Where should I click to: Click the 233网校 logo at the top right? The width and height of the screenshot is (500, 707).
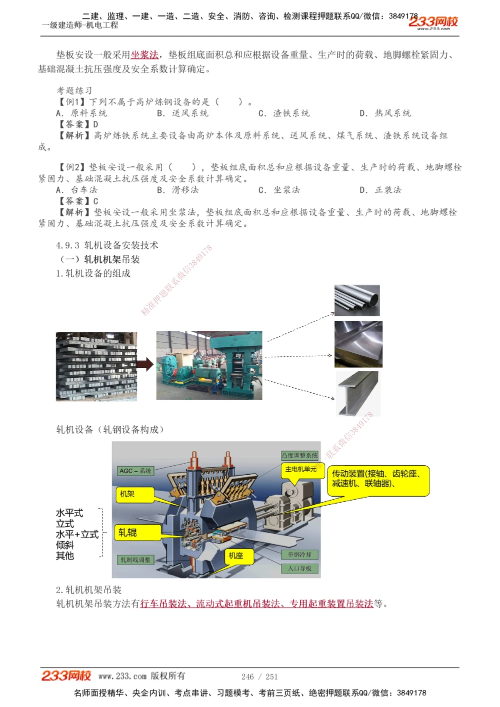(x=433, y=22)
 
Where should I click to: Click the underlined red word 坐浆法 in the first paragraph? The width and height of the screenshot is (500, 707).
(x=144, y=55)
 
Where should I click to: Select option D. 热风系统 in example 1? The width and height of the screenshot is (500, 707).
(x=385, y=113)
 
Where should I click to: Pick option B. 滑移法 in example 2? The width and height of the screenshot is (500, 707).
(x=178, y=190)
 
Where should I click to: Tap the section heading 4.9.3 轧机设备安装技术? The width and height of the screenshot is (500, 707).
(x=107, y=245)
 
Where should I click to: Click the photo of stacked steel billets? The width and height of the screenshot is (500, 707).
(x=96, y=367)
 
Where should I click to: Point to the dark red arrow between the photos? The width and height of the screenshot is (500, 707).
(x=145, y=365)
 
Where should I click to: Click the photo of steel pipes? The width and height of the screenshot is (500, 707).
(x=357, y=300)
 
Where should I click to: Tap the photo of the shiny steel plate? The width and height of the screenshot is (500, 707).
(x=358, y=344)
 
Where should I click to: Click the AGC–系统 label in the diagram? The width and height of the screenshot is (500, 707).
(x=135, y=471)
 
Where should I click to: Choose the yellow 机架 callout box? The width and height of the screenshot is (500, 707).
(x=128, y=494)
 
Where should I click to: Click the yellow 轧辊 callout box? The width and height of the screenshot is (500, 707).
(x=137, y=533)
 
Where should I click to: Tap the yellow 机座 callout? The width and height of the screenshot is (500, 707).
(x=238, y=555)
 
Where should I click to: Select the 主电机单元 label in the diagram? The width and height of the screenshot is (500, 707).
(x=300, y=469)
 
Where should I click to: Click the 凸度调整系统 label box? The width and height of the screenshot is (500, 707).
(x=299, y=456)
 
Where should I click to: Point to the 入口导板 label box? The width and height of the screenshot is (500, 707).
(x=299, y=569)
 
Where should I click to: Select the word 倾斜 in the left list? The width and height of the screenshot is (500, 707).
(x=65, y=545)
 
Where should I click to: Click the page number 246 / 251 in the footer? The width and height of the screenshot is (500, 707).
(x=259, y=677)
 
